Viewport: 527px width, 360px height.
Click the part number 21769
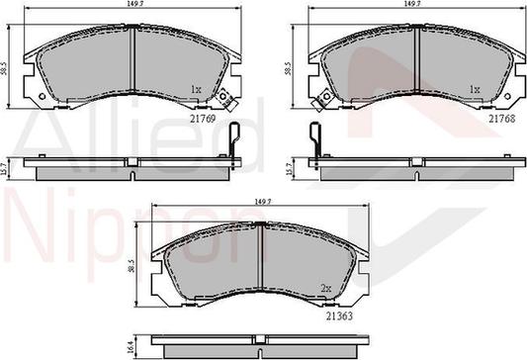pos(203,119)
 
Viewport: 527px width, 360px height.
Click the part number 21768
pos(502,119)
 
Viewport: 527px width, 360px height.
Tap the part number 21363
pos(339,315)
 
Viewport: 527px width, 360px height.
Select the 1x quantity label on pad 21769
pos(196,89)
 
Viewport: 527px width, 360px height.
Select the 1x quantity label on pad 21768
pos(475,89)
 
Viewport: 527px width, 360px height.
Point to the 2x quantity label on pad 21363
pos(326,288)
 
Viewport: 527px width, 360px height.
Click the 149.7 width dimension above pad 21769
pos(133,4)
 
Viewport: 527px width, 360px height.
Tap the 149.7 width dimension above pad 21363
pos(262,202)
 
